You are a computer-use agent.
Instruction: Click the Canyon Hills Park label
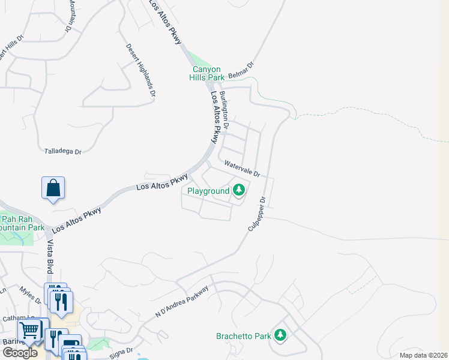[x=208, y=73]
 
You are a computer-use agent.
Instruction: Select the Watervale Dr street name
[x=241, y=169]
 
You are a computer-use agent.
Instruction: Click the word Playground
[x=208, y=191]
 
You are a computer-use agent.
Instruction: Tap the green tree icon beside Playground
[x=239, y=190]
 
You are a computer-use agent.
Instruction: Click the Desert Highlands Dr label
[x=140, y=71]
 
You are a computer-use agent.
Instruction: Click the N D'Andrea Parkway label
[x=181, y=302]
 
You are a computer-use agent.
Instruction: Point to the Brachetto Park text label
[x=244, y=336]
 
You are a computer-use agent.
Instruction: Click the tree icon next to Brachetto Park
[x=280, y=335]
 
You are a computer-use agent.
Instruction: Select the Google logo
[x=20, y=353]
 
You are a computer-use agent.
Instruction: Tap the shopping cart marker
[x=29, y=329]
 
